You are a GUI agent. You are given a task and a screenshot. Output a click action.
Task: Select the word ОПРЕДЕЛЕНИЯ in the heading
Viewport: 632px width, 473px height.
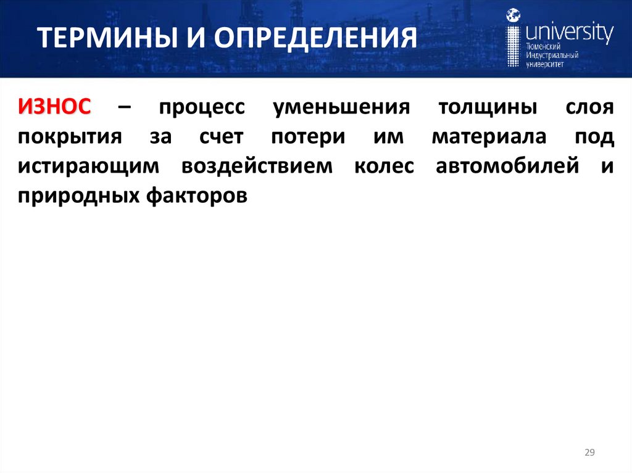point(315,39)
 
